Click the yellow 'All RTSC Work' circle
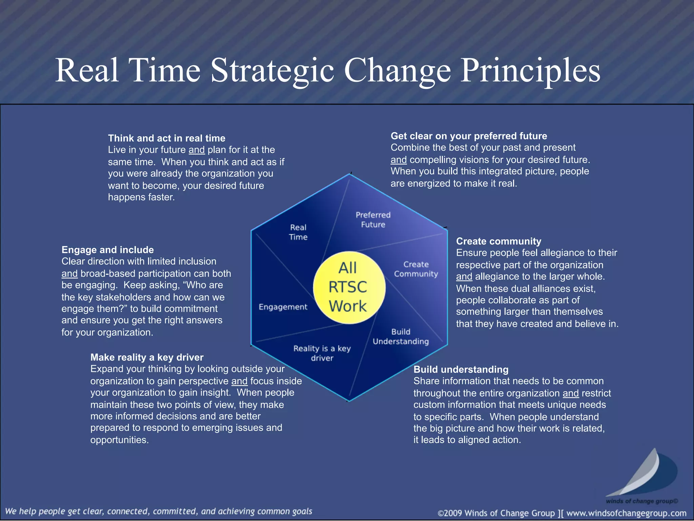349,287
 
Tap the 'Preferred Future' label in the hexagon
373,220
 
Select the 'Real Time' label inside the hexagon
298,232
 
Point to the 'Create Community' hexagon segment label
416,269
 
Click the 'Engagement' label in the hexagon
283,307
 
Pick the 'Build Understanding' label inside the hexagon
401,336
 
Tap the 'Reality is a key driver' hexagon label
322,353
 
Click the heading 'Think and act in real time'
166,138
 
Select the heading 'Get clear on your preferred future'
469,136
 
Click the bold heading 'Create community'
498,241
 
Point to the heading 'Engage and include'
107,250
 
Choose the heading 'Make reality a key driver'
147,357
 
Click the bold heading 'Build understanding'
461,369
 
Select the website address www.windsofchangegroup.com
626,513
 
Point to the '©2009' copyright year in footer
450,513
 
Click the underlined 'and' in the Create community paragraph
464,276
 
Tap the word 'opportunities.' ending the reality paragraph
119,440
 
